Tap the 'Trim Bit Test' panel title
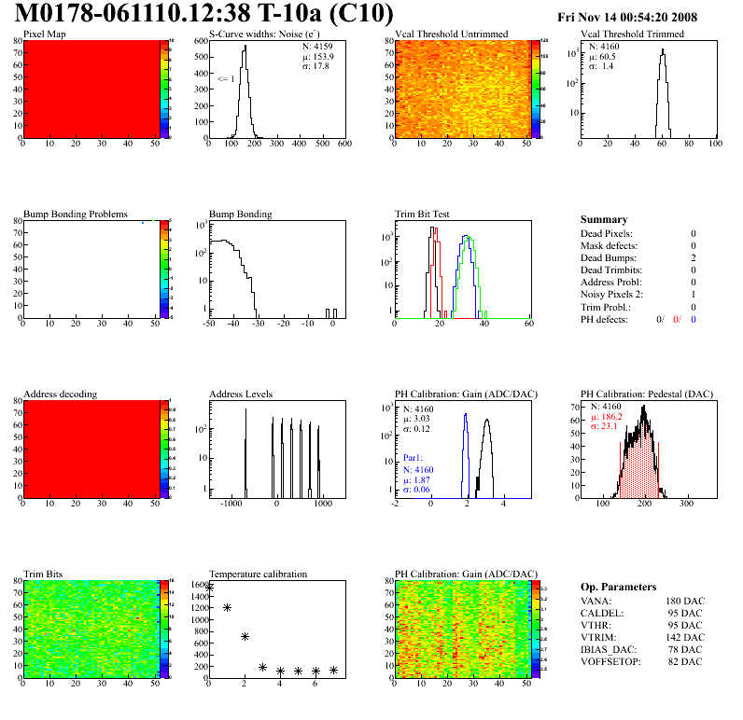tap(422, 214)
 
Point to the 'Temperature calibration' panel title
tap(258, 574)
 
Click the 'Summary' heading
tap(604, 220)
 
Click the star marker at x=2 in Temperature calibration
tap(245, 636)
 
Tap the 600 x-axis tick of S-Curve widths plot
tap(343, 145)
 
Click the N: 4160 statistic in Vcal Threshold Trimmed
tap(602, 46)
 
